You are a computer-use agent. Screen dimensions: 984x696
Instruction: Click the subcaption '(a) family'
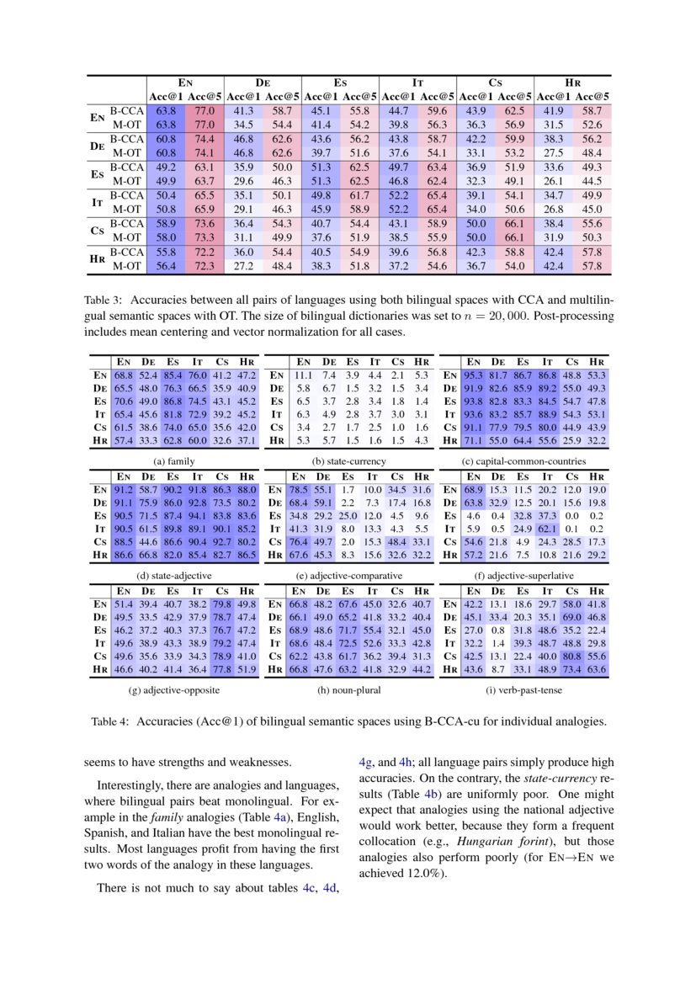174,461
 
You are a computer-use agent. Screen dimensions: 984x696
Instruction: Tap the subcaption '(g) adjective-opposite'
174,690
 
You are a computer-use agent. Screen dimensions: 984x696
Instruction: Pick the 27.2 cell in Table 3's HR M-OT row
243,266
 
